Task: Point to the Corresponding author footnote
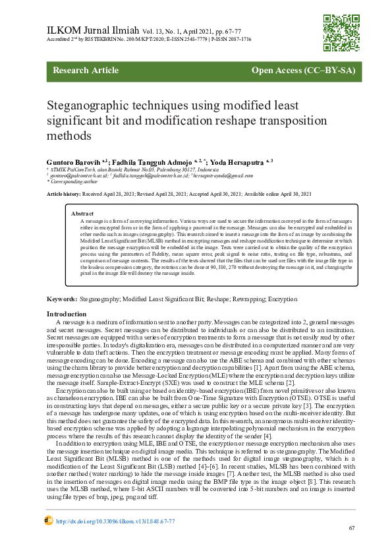(70, 181)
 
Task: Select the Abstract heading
(82, 214)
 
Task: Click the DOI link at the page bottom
(116, 521)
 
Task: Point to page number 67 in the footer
(352, 528)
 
